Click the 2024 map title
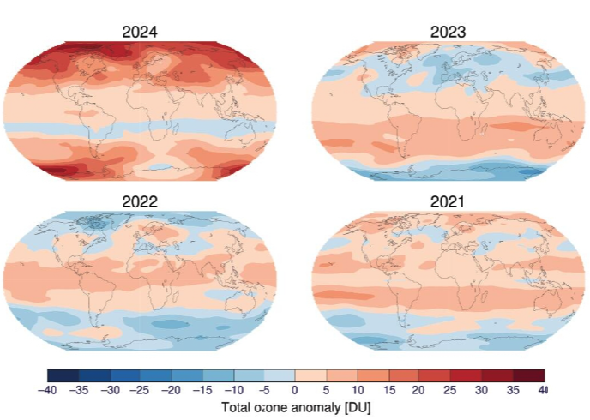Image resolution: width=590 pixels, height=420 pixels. (x=141, y=33)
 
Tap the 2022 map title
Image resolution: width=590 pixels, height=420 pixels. (x=141, y=202)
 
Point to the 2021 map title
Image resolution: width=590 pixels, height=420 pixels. (x=446, y=202)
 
